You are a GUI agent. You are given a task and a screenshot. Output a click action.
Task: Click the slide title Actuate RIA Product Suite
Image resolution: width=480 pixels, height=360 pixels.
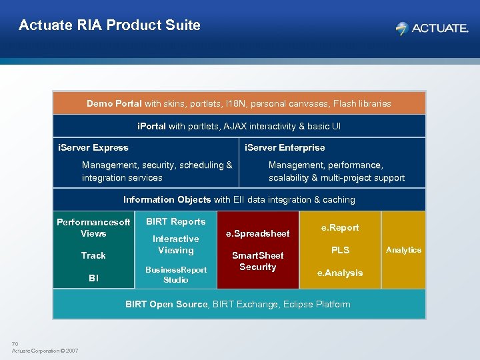coord(109,25)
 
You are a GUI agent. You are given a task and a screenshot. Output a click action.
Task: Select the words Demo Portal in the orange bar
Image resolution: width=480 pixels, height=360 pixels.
coord(114,103)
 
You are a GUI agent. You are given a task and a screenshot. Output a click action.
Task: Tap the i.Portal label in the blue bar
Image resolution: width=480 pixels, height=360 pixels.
coord(151,126)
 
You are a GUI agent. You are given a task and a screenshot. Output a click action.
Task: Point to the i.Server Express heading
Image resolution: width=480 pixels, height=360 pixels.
coord(93,147)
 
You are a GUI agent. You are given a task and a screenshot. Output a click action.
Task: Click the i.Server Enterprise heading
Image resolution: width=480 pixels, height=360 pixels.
coord(285,147)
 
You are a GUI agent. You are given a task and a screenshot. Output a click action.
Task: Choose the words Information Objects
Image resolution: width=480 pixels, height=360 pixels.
coord(167,199)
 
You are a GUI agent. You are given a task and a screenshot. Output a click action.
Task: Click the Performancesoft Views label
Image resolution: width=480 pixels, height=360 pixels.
coord(93,227)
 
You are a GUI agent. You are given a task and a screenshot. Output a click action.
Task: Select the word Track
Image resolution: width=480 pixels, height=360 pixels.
coord(93,255)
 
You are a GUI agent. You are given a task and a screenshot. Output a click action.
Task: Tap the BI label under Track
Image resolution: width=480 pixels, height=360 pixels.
coord(93,278)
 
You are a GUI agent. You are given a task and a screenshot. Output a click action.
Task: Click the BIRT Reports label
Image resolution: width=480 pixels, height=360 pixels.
coord(176,221)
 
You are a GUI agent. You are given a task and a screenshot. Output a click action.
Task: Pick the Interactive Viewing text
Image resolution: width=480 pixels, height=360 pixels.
coord(176,245)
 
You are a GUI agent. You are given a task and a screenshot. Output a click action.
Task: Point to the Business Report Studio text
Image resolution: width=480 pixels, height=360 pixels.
coord(176,275)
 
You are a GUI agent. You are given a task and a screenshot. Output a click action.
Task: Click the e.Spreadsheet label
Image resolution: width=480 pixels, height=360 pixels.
coord(258,233)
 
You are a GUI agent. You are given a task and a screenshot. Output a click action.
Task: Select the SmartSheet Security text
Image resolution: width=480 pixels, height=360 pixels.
coord(258,261)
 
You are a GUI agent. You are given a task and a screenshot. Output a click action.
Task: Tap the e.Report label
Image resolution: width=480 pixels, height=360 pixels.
coord(340,227)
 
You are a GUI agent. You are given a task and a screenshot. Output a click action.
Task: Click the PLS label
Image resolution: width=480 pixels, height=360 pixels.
coord(341,250)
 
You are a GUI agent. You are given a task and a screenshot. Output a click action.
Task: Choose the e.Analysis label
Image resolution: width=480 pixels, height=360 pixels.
coord(340,273)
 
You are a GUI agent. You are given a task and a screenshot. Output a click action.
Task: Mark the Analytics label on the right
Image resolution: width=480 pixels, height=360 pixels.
coord(403,250)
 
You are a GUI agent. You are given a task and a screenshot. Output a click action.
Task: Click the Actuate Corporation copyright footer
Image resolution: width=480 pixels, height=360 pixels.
coord(45,351)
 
